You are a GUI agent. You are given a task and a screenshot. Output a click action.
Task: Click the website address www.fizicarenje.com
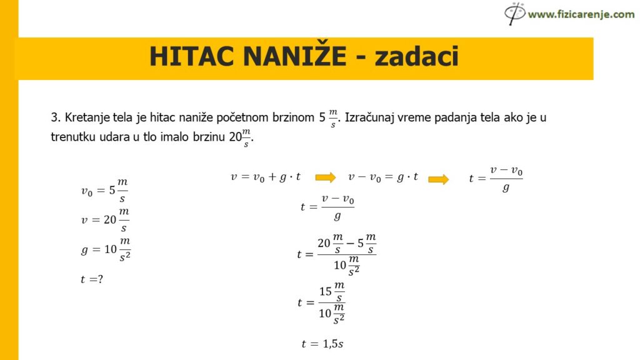pyautogui.click(x=581, y=14)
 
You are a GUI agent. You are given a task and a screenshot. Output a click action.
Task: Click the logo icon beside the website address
pyautogui.click(x=515, y=12)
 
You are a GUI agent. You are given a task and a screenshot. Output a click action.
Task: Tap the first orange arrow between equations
pyautogui.click(x=326, y=177)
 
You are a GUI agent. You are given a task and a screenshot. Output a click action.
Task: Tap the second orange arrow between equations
pyautogui.click(x=438, y=179)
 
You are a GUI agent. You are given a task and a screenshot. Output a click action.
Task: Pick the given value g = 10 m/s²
pyautogui.click(x=106, y=249)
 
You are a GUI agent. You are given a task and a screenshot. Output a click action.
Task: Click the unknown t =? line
pyautogui.click(x=91, y=279)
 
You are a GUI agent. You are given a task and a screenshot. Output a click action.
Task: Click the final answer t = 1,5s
pyautogui.click(x=322, y=343)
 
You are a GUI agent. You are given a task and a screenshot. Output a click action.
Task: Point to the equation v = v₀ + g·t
pyautogui.click(x=266, y=177)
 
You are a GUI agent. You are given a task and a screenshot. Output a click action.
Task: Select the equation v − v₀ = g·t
pyautogui.click(x=383, y=177)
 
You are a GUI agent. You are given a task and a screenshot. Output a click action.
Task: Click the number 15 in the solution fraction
pyautogui.click(x=326, y=291)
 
